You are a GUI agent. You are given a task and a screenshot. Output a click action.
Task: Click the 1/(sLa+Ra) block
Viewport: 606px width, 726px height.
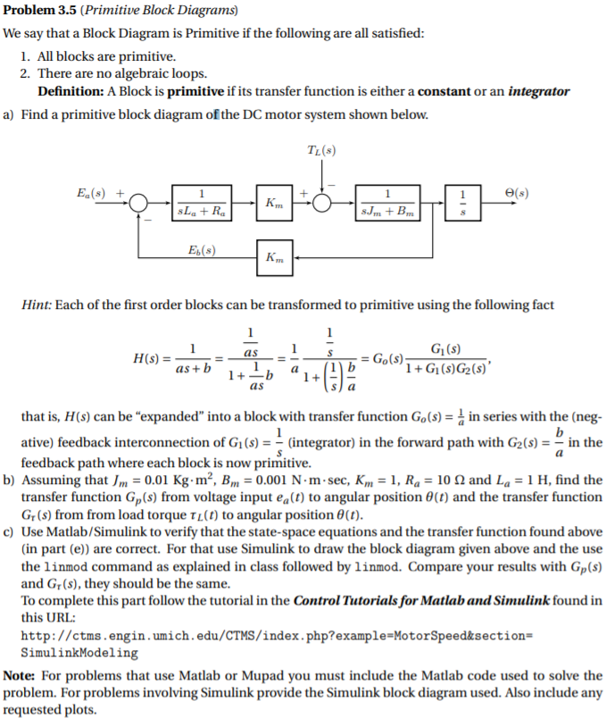[x=203, y=202]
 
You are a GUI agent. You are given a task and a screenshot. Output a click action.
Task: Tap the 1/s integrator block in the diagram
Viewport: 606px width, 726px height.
[x=462, y=202]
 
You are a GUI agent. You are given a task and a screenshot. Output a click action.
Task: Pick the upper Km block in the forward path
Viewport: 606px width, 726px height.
[x=273, y=202]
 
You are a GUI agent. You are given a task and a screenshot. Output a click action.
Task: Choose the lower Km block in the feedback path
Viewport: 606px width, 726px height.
[x=273, y=256]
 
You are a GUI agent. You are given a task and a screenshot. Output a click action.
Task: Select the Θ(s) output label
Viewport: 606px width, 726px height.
[x=517, y=190]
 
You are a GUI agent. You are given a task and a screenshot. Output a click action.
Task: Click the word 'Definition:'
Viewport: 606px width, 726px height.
[x=71, y=92]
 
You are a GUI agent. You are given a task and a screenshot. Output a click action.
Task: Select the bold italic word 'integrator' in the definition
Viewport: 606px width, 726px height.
[x=539, y=92]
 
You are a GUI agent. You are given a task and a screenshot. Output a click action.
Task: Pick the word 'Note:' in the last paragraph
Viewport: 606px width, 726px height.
[x=22, y=676]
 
